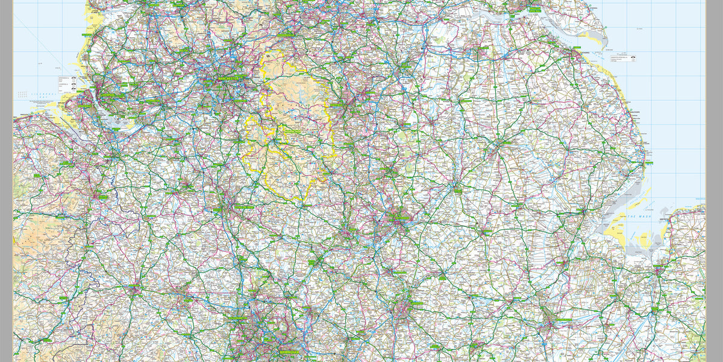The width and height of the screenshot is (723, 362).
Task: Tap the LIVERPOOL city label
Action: pos(112,95)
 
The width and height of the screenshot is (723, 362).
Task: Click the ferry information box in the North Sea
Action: pos(624,58)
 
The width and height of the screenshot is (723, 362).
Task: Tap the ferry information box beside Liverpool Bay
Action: pos(66,84)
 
